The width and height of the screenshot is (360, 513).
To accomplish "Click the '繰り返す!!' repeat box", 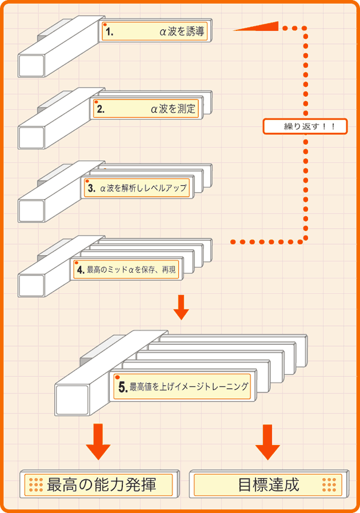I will click(305, 126).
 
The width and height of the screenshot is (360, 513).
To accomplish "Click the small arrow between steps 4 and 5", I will click(181, 307).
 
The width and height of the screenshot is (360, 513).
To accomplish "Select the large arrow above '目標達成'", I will click(267, 442).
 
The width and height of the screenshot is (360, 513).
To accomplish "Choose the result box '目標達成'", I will click(267, 484).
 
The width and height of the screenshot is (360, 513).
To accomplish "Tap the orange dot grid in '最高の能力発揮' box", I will click(36, 485).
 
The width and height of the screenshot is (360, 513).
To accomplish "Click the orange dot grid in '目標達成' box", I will click(329, 485).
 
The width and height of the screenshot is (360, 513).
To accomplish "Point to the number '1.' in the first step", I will click(109, 33).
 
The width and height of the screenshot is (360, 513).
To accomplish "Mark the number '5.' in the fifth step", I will click(122, 387).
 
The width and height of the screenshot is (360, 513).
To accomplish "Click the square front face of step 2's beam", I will click(31, 138).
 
